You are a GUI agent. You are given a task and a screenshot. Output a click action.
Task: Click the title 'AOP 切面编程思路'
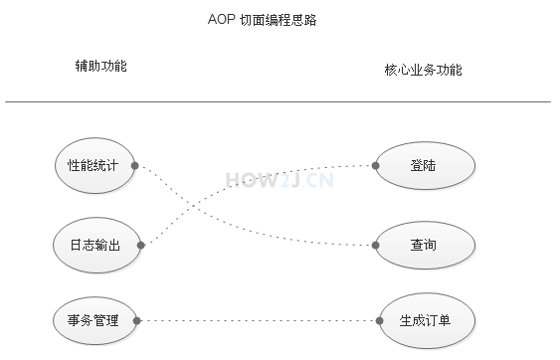[262, 20]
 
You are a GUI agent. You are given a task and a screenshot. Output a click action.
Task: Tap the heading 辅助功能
[100, 66]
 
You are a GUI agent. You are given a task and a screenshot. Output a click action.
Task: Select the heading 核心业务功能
[423, 71]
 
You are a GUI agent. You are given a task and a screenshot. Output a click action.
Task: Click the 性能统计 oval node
[93, 165]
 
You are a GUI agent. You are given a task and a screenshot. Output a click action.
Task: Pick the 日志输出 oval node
[94, 244]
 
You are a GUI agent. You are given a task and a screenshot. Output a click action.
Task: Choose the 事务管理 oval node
[93, 320]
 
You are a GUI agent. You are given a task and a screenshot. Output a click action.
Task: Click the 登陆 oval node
[423, 165]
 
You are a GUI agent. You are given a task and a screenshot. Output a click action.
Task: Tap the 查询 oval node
[423, 244]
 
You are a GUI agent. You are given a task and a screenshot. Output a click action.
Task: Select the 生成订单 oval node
[425, 320]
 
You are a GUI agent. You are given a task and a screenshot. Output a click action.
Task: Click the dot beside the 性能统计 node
[135, 165]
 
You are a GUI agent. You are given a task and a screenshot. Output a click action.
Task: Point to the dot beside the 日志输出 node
[141, 244]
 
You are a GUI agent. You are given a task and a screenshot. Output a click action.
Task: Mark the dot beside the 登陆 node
[375, 165]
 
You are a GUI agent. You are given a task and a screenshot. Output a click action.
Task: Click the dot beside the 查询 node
[375, 244]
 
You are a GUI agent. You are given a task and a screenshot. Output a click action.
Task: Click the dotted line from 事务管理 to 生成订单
[259, 320]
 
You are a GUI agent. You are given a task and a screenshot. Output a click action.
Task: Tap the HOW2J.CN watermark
[280, 180]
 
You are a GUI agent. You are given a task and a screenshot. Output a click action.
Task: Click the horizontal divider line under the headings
[278, 101]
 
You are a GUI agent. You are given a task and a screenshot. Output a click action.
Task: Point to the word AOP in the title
[221, 20]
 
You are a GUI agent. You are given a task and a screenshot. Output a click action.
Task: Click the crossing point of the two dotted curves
[195, 208]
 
